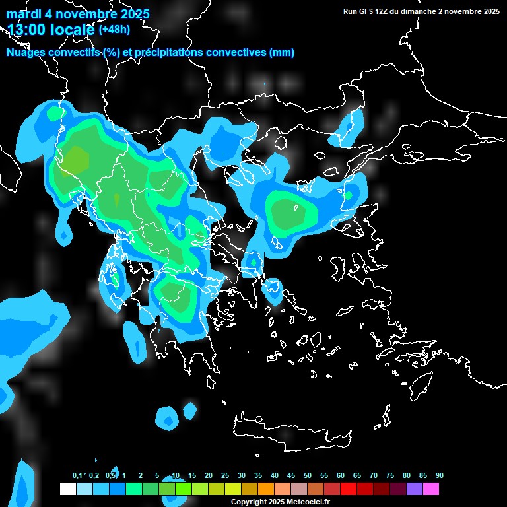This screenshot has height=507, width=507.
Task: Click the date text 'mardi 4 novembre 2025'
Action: [x=78, y=14]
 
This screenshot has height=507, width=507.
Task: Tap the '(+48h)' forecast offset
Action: [x=115, y=30]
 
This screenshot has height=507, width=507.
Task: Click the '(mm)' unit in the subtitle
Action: [x=282, y=53]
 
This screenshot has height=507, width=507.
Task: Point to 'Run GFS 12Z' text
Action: [x=366, y=11]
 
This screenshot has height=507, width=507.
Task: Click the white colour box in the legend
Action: [x=67, y=489]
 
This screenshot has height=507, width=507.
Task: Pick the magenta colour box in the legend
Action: [x=431, y=489]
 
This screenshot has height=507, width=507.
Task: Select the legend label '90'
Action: [x=439, y=476]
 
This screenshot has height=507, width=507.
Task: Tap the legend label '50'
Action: [x=308, y=476]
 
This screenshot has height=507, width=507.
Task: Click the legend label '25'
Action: [x=225, y=476]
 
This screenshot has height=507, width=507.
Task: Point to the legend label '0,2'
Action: [x=94, y=476]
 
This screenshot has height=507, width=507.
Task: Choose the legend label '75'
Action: [x=390, y=476]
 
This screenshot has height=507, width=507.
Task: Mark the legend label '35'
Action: [x=258, y=476]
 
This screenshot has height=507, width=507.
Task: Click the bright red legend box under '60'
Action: [x=349, y=489]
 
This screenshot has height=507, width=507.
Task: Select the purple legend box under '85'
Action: [x=415, y=489]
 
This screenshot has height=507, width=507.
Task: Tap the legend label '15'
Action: [x=192, y=476]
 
